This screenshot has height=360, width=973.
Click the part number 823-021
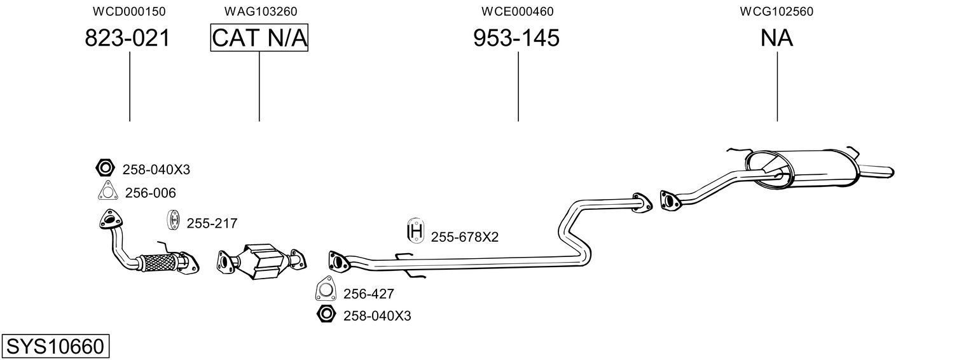[x=128, y=38]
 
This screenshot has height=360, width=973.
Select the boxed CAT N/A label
[x=259, y=38]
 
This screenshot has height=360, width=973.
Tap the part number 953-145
[x=516, y=38]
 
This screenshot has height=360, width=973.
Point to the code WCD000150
[x=129, y=11]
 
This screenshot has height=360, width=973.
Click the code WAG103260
[x=260, y=11]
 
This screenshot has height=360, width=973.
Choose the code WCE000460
[x=517, y=11]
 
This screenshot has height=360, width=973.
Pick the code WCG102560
[x=776, y=11]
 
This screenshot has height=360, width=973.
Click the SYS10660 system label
[x=55, y=347]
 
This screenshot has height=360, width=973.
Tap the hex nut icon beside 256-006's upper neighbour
[x=104, y=169]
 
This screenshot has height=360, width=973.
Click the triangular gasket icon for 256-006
[x=107, y=191]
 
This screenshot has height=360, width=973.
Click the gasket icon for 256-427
[x=326, y=291]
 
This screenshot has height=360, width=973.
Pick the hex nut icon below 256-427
[x=325, y=314]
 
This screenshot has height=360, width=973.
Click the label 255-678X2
[x=464, y=237]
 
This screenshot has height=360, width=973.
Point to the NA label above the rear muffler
[x=776, y=38]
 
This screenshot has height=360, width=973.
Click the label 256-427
[x=368, y=294]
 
